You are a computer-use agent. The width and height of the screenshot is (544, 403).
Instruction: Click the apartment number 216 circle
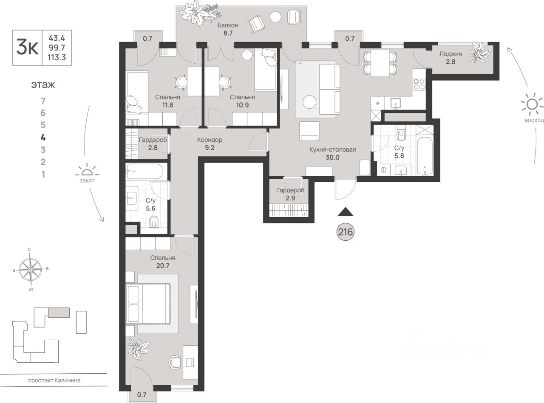pyautogui.click(x=346, y=232)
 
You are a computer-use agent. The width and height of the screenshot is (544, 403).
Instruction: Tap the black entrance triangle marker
pyautogui.click(x=346, y=212)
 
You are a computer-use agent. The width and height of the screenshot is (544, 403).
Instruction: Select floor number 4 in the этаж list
pyautogui.click(x=43, y=138)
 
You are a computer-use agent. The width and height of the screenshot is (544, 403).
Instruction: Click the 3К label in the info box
pyautogui.click(x=27, y=48)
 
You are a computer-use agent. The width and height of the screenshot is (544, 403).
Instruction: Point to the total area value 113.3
pyautogui.click(x=57, y=57)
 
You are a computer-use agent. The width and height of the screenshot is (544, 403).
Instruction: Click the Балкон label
pyautogui.click(x=228, y=25)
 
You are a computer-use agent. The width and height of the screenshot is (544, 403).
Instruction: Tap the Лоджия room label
pyautogui.click(x=450, y=54)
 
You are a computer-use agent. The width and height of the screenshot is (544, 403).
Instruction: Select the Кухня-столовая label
pyautogui.click(x=333, y=149)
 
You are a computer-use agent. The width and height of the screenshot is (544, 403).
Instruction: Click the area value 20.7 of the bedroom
pyautogui.click(x=163, y=265)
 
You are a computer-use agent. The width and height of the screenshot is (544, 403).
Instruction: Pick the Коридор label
pyautogui.click(x=210, y=140)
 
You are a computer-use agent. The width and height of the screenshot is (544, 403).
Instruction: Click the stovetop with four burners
pyautogui.click(x=419, y=84)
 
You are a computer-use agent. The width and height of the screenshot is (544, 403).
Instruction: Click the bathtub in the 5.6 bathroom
pyautogui.click(x=144, y=171)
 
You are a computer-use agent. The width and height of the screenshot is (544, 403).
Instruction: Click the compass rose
pyautogui.click(x=30, y=270)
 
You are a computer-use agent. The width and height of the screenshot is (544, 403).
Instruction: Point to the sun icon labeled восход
pyautogui.click(x=532, y=104)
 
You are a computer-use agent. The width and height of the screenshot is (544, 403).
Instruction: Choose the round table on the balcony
pyautogui.click(x=275, y=17)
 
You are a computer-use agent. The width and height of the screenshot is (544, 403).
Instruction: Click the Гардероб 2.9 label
pyautogui.click(x=290, y=194)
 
